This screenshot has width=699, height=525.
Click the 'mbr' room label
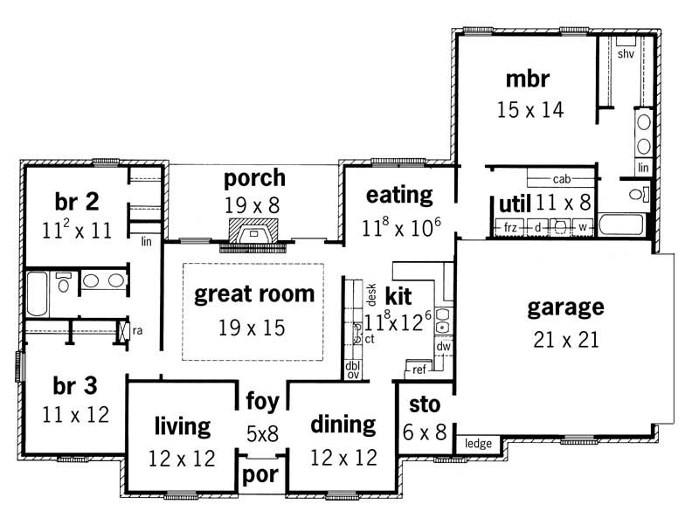[527, 79]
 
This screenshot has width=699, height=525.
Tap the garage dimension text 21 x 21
[565, 339]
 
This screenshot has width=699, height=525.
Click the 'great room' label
[253, 294]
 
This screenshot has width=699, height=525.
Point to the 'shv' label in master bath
[626, 54]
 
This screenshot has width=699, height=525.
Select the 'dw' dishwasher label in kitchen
[443, 347]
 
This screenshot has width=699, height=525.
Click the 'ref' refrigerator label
[419, 370]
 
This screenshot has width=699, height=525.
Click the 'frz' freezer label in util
[511, 229]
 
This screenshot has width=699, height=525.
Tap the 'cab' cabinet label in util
[561, 179]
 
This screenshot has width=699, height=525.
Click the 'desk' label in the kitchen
[370, 293]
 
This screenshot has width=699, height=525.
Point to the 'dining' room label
[343, 425]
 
